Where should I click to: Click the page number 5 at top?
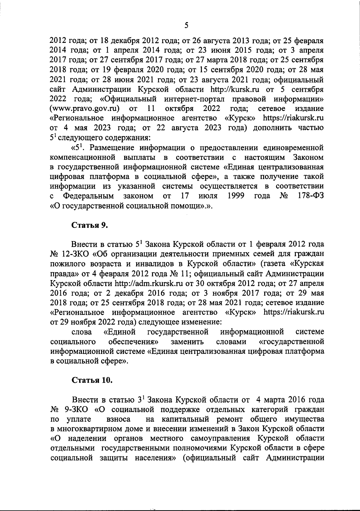(186, 26)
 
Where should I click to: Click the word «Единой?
(120, 332)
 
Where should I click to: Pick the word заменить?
(187, 342)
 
